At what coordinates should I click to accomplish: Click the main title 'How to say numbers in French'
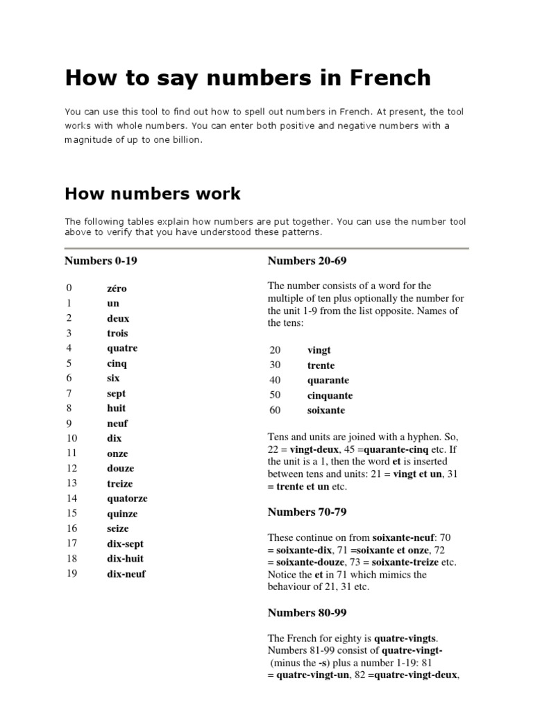point(248,78)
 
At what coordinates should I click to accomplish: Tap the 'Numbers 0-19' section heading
point(105,261)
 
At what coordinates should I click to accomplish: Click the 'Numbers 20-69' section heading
point(307,261)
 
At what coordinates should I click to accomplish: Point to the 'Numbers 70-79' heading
point(307,512)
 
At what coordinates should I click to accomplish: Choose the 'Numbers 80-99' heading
point(307,612)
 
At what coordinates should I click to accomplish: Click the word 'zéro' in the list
point(117,288)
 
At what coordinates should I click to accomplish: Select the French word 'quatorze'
point(127,499)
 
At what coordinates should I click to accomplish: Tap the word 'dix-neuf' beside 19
point(126,574)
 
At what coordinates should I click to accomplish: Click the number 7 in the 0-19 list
point(69,393)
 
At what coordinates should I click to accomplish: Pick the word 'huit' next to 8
point(117,408)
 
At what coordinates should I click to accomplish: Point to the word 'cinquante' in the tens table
point(330,395)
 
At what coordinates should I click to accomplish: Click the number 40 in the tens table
point(275,380)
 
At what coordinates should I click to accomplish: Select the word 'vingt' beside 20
point(319,351)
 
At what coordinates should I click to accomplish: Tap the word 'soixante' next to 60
point(326,410)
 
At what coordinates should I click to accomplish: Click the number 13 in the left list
point(71,483)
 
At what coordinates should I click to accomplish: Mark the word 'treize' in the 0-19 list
point(119,484)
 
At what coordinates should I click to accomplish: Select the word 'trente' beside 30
point(321,365)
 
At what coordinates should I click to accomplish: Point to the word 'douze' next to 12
point(119,469)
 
